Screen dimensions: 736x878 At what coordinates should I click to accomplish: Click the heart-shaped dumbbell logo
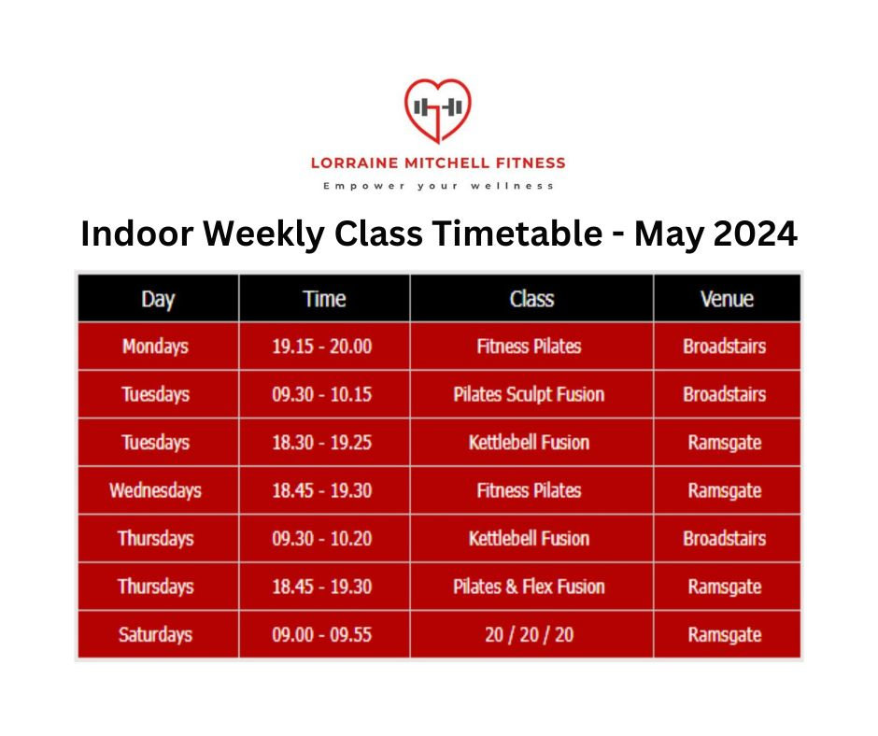[x=437, y=110]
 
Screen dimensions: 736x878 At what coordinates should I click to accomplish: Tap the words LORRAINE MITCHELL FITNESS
[x=438, y=163]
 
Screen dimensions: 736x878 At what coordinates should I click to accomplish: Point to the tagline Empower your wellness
[x=438, y=186]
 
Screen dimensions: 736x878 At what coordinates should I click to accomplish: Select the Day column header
[x=158, y=299]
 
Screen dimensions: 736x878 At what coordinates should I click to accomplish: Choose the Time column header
[x=324, y=299]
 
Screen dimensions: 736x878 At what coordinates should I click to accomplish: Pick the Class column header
[x=531, y=299]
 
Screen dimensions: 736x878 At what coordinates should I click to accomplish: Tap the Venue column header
[x=726, y=299]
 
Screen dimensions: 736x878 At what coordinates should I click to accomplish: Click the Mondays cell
[x=155, y=347]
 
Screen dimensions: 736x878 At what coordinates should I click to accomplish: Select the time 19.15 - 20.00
[x=321, y=347]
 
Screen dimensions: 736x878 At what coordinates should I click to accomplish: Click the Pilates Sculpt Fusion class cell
[x=529, y=394]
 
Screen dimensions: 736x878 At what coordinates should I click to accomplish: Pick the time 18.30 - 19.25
[x=321, y=442]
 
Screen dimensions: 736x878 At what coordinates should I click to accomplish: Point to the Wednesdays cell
[x=155, y=490]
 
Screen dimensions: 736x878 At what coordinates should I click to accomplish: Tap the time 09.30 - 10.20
[x=321, y=538]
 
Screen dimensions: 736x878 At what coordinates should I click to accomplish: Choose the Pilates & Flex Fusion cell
[x=529, y=587]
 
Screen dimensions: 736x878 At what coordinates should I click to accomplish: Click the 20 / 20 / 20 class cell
[x=529, y=635]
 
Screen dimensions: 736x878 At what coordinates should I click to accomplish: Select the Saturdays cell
[x=155, y=635]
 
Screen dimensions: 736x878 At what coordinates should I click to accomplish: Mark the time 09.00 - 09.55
[x=321, y=635]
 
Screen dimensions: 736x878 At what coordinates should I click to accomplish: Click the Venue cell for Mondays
[x=724, y=347]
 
